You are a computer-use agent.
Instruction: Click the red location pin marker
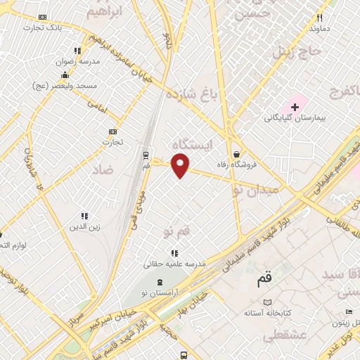[181, 166]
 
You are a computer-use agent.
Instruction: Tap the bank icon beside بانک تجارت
[44, 17]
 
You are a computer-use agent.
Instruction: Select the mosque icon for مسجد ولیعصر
[65, 75]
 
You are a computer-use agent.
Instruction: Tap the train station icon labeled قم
[146, 155]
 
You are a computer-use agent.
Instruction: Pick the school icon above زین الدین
[85, 216]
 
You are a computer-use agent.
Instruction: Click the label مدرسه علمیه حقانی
[174, 264]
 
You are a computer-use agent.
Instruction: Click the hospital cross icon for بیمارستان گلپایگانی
[295, 108]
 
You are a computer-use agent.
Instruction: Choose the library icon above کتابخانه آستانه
[267, 302]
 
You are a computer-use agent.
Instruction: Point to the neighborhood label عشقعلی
[285, 337]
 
